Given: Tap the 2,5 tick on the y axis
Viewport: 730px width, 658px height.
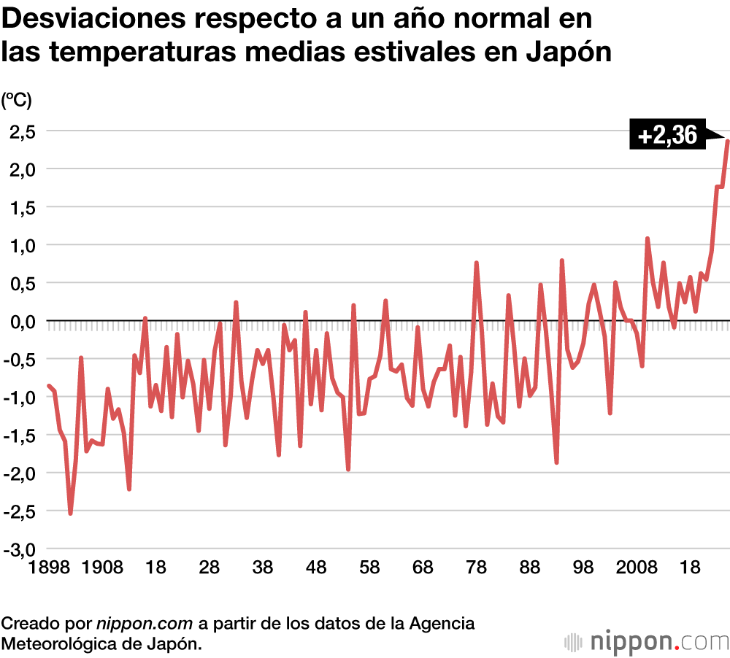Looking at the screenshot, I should click(21, 132).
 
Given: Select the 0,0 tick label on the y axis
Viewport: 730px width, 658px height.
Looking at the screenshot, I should click(21, 322).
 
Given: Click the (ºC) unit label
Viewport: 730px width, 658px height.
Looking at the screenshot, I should click(16, 100).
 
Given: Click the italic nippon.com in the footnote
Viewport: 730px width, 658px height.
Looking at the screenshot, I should click(145, 624).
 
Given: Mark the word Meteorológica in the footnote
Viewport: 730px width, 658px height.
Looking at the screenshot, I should click(58, 644).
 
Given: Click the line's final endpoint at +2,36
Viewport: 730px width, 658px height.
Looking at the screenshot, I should click(727, 141).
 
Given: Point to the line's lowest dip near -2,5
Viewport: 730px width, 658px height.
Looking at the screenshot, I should click(70, 514).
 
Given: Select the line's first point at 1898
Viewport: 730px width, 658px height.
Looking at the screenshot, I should click(49, 386).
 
